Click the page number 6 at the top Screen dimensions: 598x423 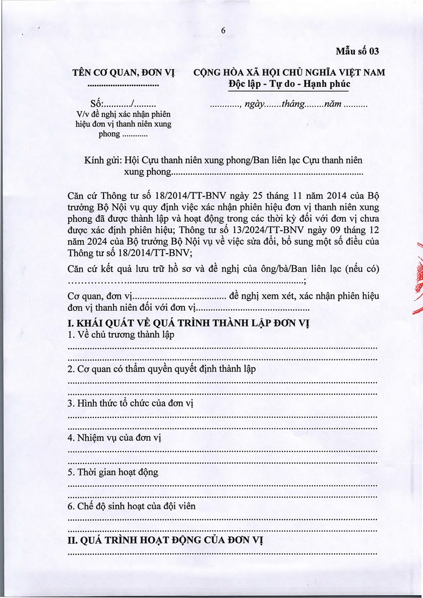[223, 31]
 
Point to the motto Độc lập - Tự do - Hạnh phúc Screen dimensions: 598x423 [289, 84]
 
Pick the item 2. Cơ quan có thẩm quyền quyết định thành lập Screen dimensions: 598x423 [162, 369]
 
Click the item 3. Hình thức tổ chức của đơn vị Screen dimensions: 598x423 [130, 403]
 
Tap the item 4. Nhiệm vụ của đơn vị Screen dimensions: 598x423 [115, 438]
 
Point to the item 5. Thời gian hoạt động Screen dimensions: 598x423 [113, 472]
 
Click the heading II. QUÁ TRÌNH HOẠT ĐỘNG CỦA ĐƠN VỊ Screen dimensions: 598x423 [166, 541]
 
